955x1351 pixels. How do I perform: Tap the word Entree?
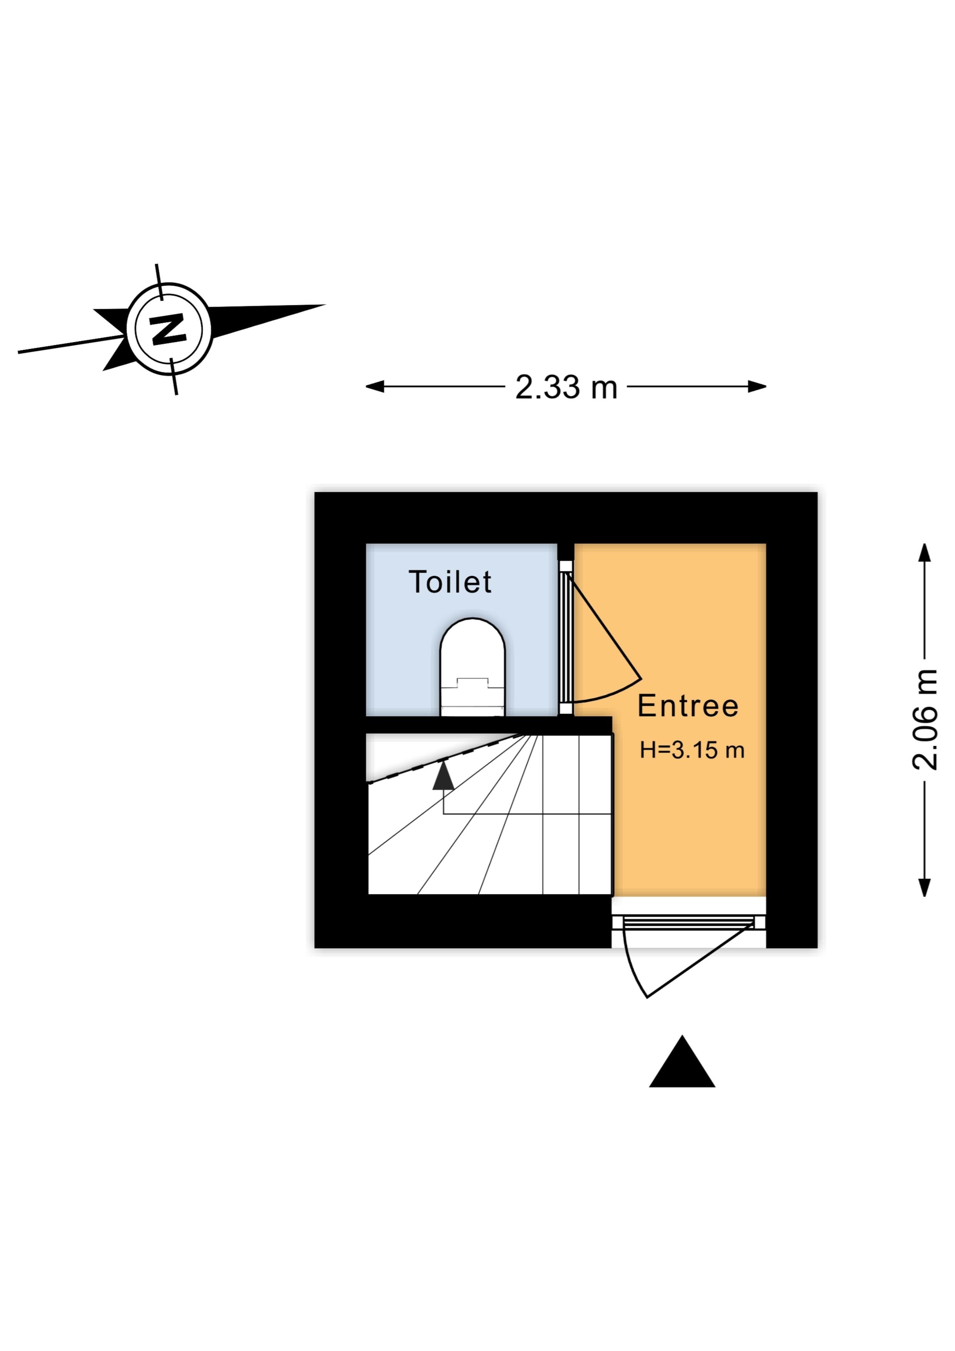[x=688, y=706]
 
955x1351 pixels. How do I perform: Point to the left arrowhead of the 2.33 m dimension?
[x=375, y=387]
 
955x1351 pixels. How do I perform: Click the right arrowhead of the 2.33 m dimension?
[x=757, y=387]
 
